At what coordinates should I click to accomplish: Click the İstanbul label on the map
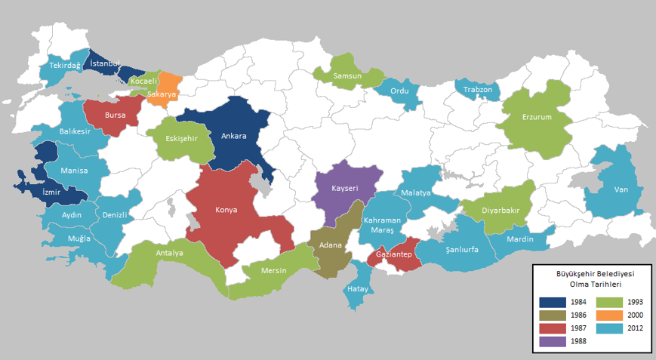(105, 63)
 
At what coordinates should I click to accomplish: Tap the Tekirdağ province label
(65, 66)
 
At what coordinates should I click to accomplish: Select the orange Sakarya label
(162, 94)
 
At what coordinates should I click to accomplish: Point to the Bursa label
(115, 115)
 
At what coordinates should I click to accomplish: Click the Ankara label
(233, 137)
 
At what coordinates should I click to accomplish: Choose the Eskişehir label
(182, 139)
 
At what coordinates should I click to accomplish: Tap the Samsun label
(347, 76)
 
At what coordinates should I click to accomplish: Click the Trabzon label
(478, 90)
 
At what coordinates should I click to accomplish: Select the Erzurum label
(537, 117)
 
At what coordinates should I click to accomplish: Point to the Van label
(622, 189)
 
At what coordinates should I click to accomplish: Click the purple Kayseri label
(344, 188)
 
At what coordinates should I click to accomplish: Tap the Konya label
(226, 210)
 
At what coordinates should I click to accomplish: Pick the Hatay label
(356, 289)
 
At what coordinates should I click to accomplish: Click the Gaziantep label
(394, 255)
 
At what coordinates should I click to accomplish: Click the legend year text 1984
(578, 302)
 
